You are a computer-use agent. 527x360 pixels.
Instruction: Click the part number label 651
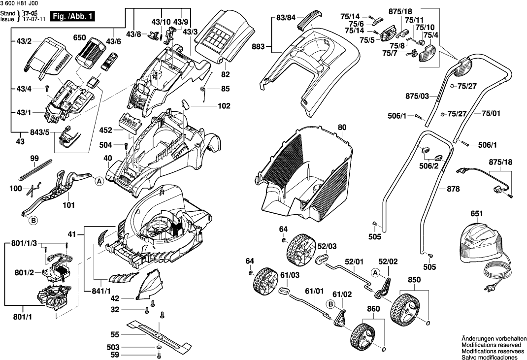coord(476,213)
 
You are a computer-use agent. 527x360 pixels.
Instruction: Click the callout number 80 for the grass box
coord(342,128)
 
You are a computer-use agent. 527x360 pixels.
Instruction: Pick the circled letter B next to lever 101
coord(33,221)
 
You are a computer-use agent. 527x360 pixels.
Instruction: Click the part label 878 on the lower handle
coord(453,189)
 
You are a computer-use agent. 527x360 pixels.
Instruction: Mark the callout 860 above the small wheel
coord(373,311)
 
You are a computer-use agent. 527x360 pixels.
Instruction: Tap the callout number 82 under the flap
coord(226,74)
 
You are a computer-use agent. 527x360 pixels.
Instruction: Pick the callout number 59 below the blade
coord(114,355)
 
